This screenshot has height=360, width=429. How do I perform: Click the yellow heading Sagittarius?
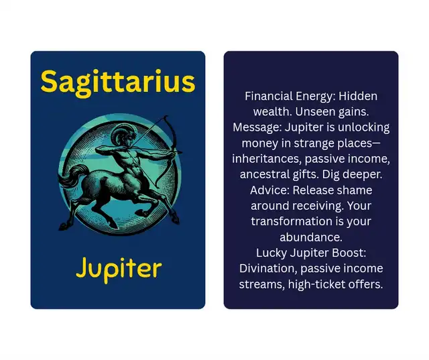pos(118,82)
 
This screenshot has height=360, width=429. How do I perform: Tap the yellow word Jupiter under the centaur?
pos(119,269)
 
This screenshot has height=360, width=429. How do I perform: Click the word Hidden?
pos(358,97)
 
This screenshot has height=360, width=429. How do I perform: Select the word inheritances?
pos(267,159)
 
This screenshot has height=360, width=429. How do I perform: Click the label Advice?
pos(269,190)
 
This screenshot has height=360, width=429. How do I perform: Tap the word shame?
pos(357,190)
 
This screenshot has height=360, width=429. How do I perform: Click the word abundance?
pos(311,237)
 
